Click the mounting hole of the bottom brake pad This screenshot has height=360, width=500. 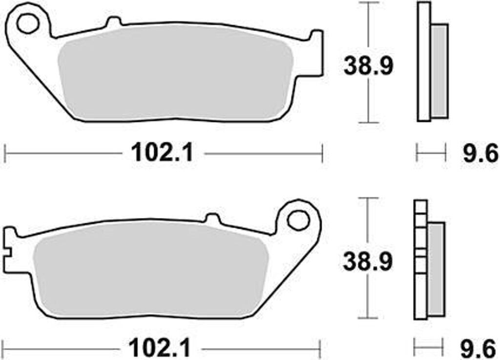pyautogui.click(x=296, y=220)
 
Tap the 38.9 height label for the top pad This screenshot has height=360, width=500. pyautogui.click(x=368, y=66)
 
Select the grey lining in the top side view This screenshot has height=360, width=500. pyautogui.click(x=439, y=71)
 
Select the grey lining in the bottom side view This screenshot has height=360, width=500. pyautogui.click(x=437, y=268)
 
